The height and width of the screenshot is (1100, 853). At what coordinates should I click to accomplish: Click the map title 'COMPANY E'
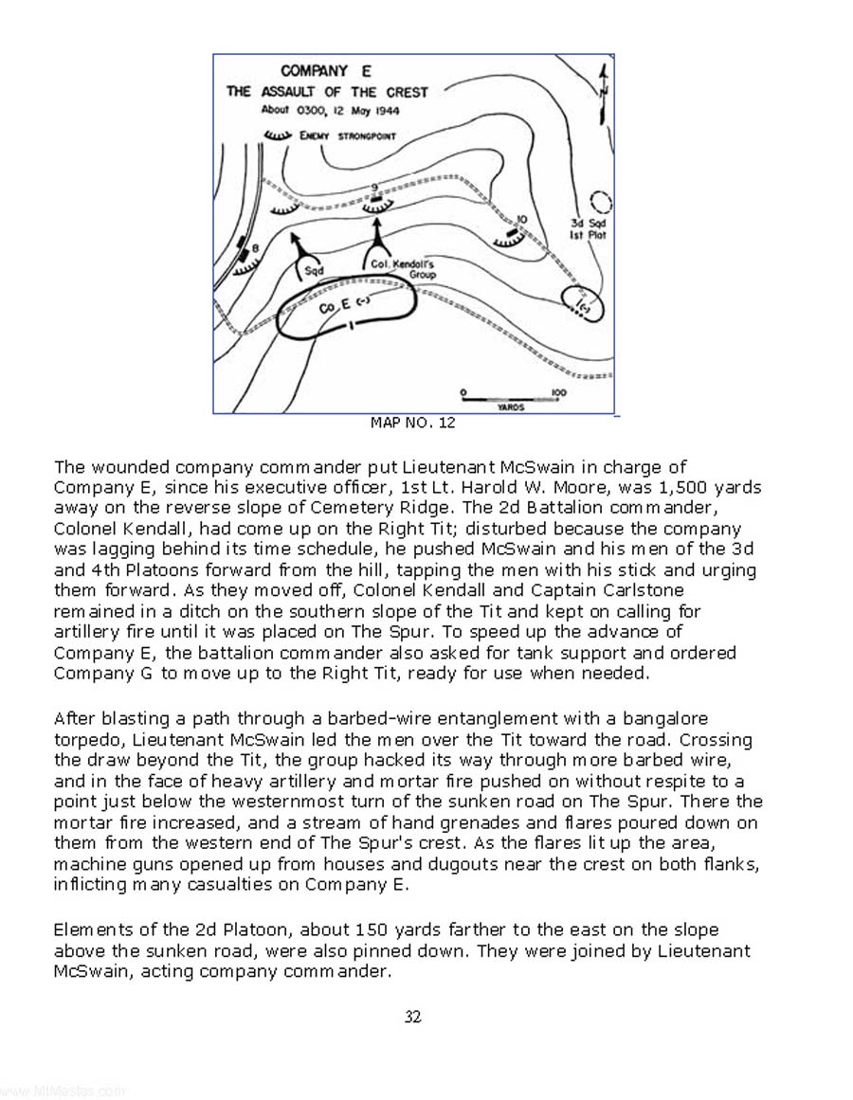(x=325, y=71)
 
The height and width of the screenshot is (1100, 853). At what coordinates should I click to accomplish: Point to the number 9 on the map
(x=374, y=188)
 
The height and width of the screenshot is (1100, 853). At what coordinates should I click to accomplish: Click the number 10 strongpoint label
(x=521, y=220)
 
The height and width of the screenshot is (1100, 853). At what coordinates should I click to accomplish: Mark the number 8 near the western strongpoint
(x=255, y=247)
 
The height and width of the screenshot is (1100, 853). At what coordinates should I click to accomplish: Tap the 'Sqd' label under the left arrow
(x=315, y=270)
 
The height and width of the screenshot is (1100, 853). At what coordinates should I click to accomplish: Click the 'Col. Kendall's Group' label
(x=404, y=269)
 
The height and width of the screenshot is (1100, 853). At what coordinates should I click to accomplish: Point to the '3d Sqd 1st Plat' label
(x=588, y=228)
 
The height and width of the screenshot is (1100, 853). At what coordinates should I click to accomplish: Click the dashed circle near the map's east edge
(x=601, y=202)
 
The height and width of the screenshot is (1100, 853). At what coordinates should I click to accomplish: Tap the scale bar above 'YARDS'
(x=509, y=399)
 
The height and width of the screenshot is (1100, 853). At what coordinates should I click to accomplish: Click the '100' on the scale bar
(x=558, y=392)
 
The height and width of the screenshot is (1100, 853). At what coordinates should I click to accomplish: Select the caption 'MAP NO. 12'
(x=412, y=423)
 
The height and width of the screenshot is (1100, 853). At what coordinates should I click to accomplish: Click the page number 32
(x=412, y=1017)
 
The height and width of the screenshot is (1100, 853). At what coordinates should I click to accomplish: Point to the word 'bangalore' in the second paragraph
(x=665, y=719)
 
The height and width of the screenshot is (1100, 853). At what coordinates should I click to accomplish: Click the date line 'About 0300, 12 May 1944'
(x=330, y=110)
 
